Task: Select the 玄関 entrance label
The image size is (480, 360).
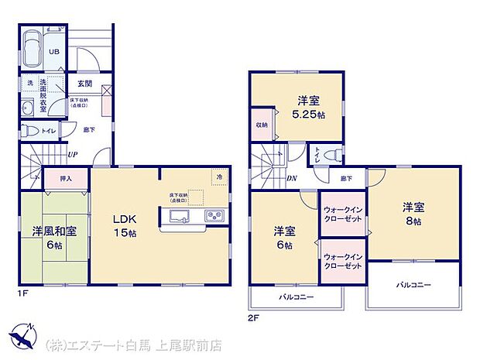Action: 85,84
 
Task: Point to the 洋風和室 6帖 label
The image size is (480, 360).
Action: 53,238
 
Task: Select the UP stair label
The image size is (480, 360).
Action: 71,155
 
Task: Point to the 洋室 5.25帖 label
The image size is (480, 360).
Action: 308,108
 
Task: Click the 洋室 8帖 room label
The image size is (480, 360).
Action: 412,214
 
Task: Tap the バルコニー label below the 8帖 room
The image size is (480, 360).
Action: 413,286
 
